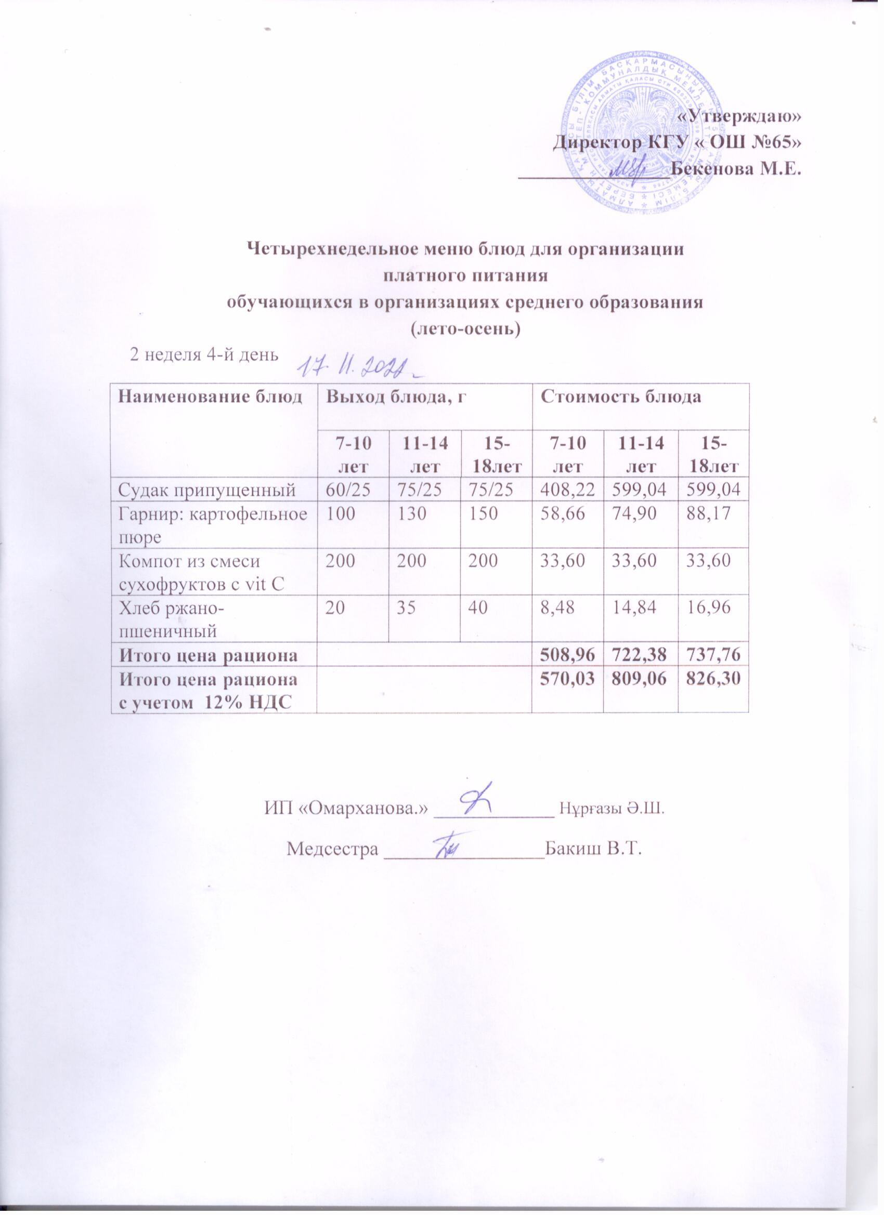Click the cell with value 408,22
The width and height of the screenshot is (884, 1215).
pyautogui.click(x=567, y=488)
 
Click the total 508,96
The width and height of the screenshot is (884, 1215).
pyautogui.click(x=567, y=654)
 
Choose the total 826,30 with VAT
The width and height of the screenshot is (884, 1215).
pyautogui.click(x=712, y=678)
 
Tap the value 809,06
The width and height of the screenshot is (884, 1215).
pyautogui.click(x=640, y=678)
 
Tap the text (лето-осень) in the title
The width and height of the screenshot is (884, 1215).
pyautogui.click(x=465, y=328)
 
